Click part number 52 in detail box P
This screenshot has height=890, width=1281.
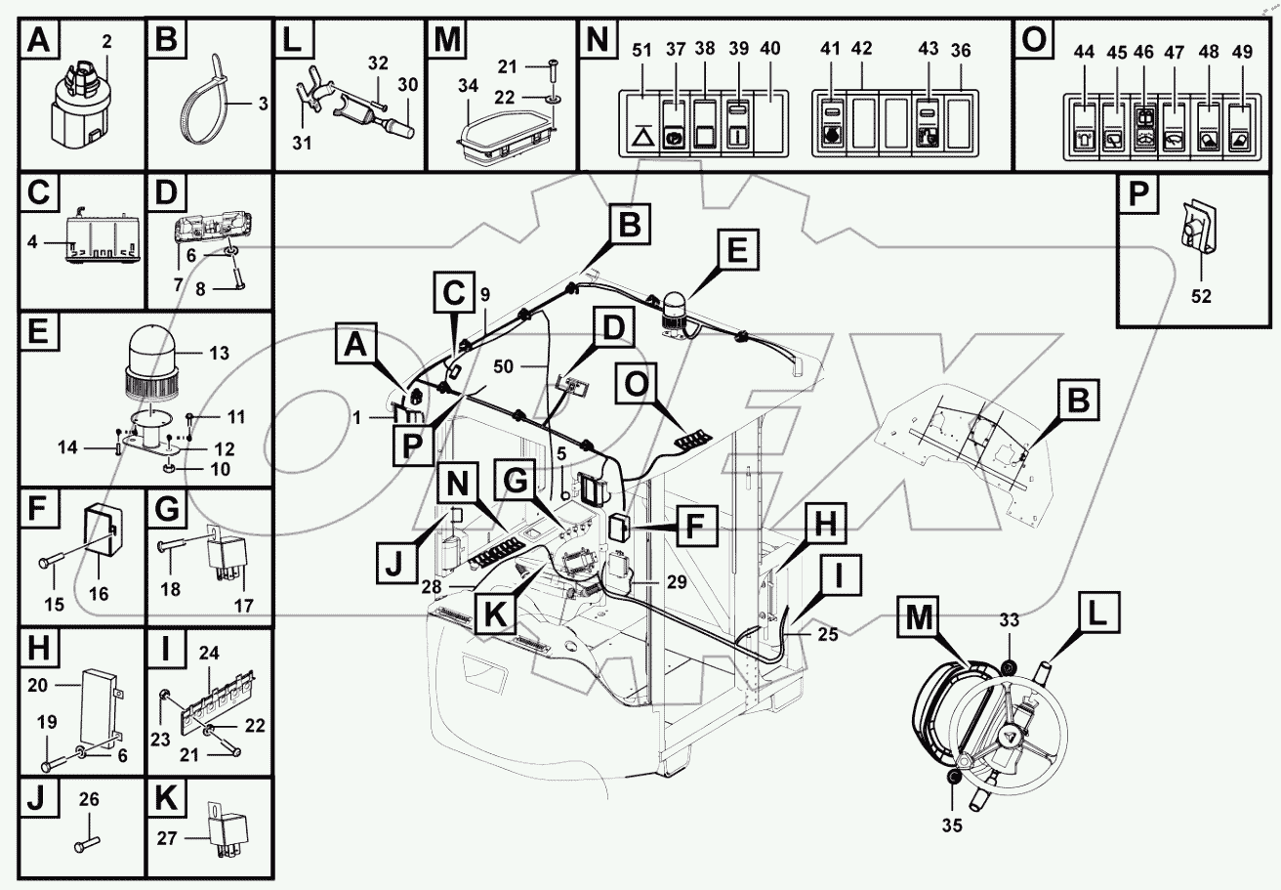[x=1201, y=297]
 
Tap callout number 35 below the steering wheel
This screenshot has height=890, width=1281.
[x=952, y=825]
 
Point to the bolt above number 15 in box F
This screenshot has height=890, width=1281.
[x=52, y=566]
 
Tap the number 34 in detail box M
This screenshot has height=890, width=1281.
[x=470, y=87]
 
